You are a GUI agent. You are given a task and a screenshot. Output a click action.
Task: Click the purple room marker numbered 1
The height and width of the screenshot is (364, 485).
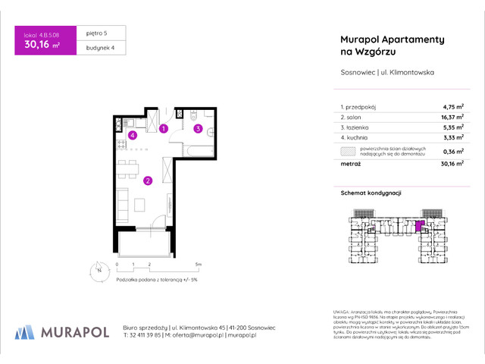click(x=164, y=129)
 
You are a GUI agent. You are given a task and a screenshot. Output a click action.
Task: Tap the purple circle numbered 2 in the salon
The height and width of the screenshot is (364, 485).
click(x=148, y=180)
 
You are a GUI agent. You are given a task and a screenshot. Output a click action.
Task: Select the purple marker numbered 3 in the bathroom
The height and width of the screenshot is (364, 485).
click(x=198, y=129)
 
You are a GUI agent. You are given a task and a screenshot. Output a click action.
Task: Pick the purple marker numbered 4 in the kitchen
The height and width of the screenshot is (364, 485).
click(x=132, y=136)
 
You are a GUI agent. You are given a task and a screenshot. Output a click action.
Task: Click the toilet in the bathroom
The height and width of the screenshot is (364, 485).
click(x=194, y=116)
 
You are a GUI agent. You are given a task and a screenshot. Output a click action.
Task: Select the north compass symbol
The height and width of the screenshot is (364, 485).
click(x=98, y=268)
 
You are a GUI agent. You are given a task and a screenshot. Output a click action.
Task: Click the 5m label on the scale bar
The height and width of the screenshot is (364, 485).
click(x=197, y=264)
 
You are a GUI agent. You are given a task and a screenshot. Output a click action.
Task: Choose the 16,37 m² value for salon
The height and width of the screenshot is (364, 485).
click(x=430, y=118)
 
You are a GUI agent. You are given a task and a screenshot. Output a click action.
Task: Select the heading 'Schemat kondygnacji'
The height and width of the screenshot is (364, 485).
click(x=366, y=193)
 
